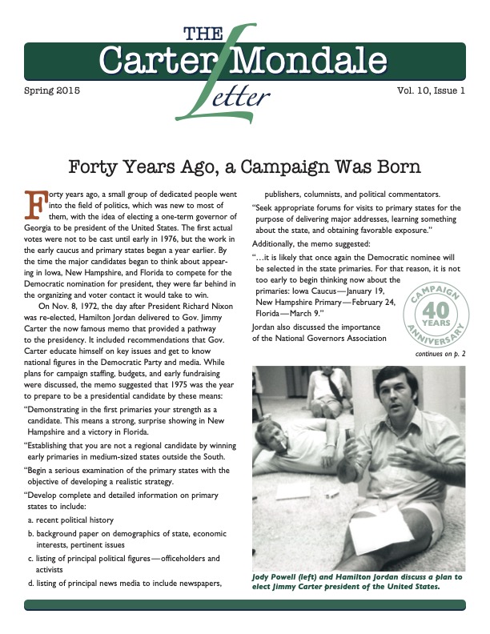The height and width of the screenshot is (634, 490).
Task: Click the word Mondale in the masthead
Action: (x=327, y=60)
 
